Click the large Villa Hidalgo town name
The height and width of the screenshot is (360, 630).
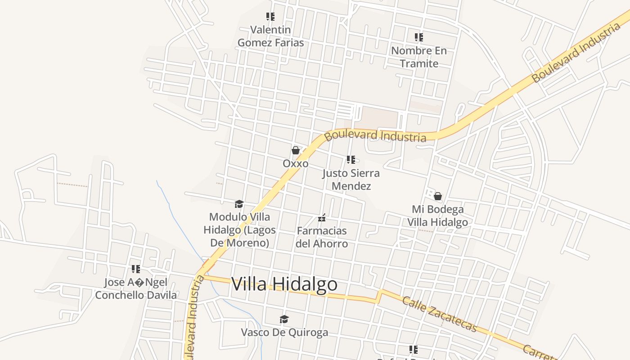pos(284,284)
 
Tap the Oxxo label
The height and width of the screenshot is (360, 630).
pos(296,163)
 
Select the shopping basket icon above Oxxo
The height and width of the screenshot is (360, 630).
pos(296,150)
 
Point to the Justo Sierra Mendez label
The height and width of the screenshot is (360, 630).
pos(351,180)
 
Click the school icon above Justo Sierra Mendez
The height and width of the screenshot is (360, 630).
pos(351,160)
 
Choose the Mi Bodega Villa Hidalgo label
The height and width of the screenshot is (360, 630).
pos(437,216)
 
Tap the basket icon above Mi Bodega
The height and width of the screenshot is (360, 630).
pos(437,197)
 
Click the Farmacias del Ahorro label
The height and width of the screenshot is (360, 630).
pos(322,237)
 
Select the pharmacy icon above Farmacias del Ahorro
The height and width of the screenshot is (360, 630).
pos(322,218)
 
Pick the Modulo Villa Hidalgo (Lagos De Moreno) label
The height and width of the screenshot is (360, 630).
pos(239,230)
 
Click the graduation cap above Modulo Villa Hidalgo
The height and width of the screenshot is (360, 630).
pos(239,205)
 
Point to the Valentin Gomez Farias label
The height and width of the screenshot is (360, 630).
pos(270,36)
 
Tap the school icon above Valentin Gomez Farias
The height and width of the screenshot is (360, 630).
pos(270,17)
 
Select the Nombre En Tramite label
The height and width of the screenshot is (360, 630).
pos(419,57)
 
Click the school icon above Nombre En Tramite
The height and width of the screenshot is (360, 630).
pos(419,37)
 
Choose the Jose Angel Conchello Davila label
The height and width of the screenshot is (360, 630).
pos(136,289)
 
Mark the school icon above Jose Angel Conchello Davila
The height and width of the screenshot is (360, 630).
pos(136,269)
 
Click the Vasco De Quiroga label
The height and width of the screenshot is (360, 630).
pos(284,333)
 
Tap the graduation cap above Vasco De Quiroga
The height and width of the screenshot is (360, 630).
pos(284,319)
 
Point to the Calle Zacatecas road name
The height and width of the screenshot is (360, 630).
pos(439,314)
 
